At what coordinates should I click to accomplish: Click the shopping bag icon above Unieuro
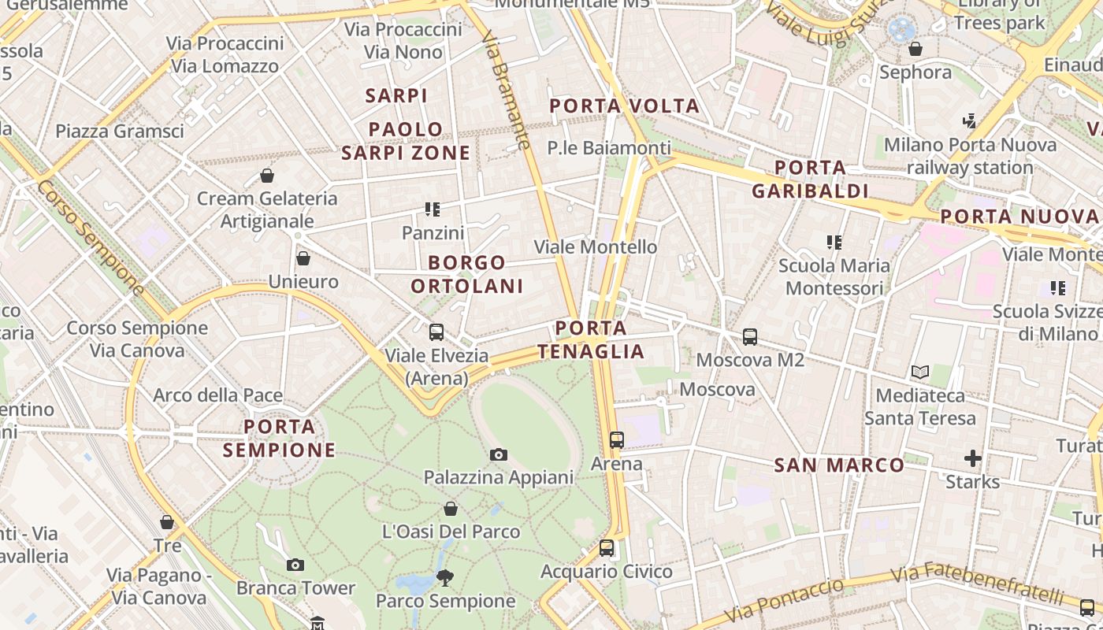tap(303, 258)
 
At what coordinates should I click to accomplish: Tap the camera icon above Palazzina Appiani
tap(498, 454)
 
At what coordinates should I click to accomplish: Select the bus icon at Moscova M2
tap(750, 337)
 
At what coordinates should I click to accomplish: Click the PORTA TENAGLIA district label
tap(591, 339)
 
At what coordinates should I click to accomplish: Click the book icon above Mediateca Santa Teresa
tap(919, 372)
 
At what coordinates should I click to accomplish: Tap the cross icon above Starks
tap(973, 458)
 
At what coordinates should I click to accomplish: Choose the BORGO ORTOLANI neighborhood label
tap(467, 274)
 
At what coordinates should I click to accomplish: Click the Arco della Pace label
tap(217, 395)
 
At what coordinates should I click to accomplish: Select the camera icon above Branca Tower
tap(295, 565)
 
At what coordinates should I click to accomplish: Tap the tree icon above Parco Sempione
tap(445, 578)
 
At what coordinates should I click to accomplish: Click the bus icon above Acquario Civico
tap(607, 548)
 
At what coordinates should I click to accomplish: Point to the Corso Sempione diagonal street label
tap(91, 237)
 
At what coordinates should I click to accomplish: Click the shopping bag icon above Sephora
tap(915, 50)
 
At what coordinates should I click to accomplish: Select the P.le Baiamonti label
tap(609, 147)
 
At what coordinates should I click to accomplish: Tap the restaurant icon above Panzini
tap(433, 209)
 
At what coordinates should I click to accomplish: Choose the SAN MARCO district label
tap(839, 465)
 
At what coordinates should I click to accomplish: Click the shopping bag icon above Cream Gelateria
tap(267, 176)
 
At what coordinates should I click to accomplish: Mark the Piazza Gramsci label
tap(120, 131)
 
